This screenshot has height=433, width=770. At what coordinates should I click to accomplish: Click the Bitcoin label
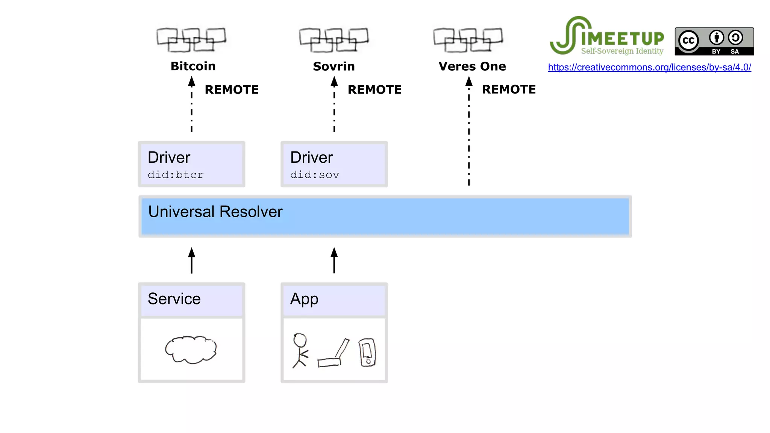point(193,66)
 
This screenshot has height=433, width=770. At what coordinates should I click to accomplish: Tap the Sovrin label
point(334,66)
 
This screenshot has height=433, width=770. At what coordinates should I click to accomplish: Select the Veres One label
point(472,66)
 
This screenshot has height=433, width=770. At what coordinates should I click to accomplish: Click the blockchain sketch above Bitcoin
point(191,39)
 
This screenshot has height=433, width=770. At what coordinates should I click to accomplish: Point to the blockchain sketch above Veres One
point(468,39)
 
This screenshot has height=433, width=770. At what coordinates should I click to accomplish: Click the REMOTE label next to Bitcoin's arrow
point(232,89)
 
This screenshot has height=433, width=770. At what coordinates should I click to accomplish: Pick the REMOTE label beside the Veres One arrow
point(509,89)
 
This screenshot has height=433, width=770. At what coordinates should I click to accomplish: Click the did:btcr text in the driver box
point(176,175)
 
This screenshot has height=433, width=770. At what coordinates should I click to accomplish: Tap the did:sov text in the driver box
point(315,175)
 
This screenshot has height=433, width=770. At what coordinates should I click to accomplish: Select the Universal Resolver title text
point(215,212)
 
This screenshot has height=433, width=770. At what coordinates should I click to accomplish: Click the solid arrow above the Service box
point(192,260)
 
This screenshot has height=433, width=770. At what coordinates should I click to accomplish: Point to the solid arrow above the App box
point(334,260)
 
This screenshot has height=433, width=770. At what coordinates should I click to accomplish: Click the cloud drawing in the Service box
point(191,350)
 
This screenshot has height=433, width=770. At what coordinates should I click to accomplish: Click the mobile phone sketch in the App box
point(367,352)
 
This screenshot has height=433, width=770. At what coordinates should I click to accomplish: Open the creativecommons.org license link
point(649,67)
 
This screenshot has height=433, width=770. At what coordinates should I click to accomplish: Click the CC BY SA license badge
point(714,41)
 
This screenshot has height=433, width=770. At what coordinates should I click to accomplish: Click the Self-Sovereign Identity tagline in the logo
point(622,51)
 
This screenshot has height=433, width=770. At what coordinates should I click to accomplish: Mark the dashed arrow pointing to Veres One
point(469,132)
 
